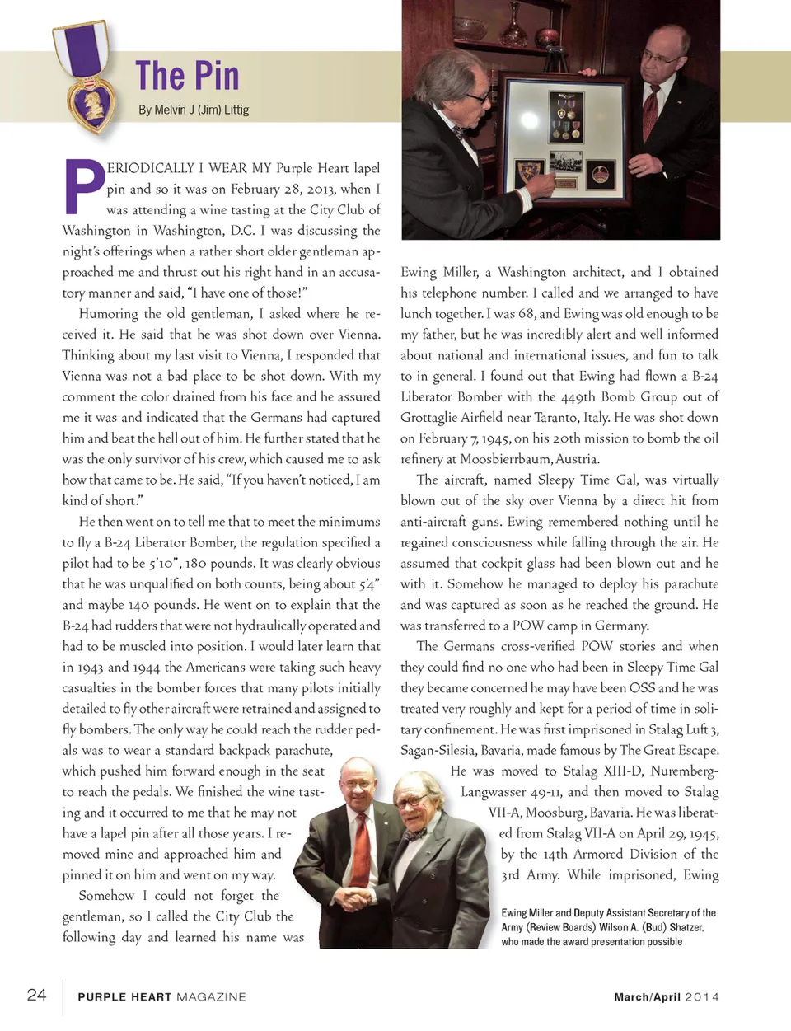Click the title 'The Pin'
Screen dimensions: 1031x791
(187, 76)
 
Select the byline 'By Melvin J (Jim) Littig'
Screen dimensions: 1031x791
(194, 110)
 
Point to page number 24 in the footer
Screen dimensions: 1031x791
(36, 994)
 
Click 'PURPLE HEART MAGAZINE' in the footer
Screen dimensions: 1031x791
(161, 996)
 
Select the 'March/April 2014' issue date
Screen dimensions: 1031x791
(666, 996)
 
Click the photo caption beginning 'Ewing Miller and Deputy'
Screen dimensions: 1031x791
(608, 927)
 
